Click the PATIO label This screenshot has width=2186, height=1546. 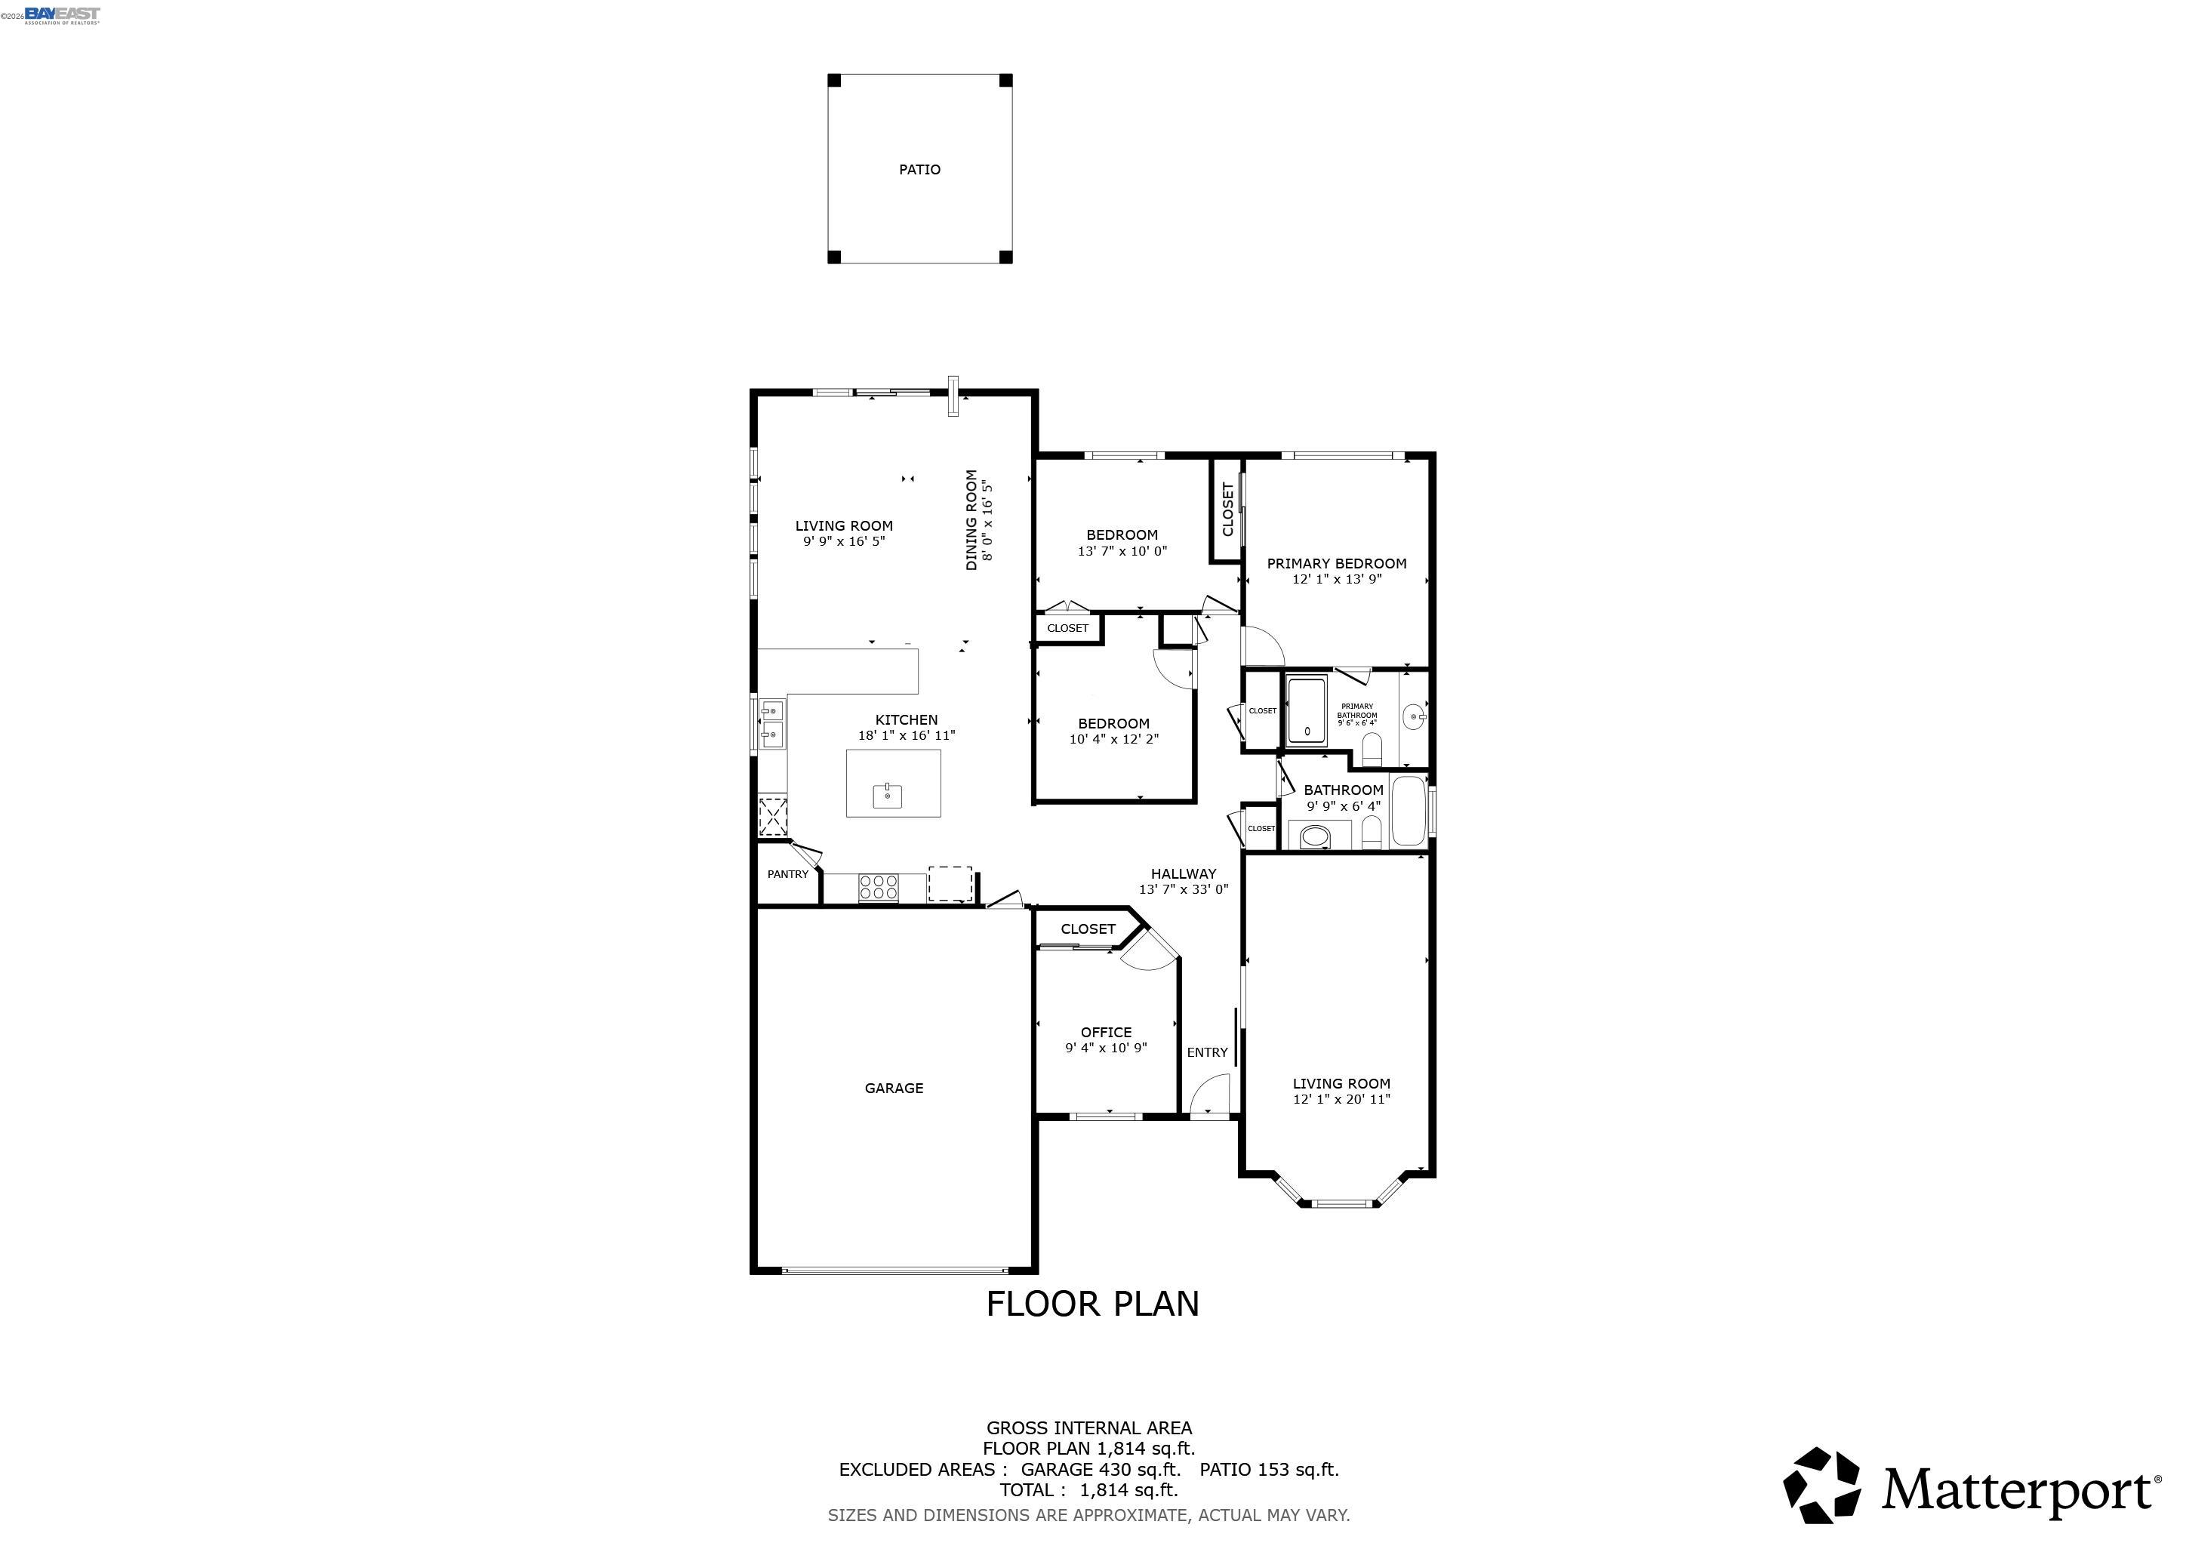919,169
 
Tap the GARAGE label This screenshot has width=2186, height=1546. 893,1088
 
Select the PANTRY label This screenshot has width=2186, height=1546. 787,874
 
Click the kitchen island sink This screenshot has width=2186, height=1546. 888,794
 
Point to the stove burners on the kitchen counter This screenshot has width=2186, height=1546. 878,887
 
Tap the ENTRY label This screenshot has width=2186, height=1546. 1206,1052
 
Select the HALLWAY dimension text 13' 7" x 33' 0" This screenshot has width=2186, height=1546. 1184,889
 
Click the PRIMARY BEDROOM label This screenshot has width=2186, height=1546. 1336,564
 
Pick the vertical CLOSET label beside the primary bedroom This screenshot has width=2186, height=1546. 1227,510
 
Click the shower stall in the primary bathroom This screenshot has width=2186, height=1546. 1307,710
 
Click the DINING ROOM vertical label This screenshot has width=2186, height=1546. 971,520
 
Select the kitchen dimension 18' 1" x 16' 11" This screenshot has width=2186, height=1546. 906,735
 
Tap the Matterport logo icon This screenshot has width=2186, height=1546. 1821,1486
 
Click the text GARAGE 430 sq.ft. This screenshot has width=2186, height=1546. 1100,1469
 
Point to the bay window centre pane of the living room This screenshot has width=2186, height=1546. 1340,1203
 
